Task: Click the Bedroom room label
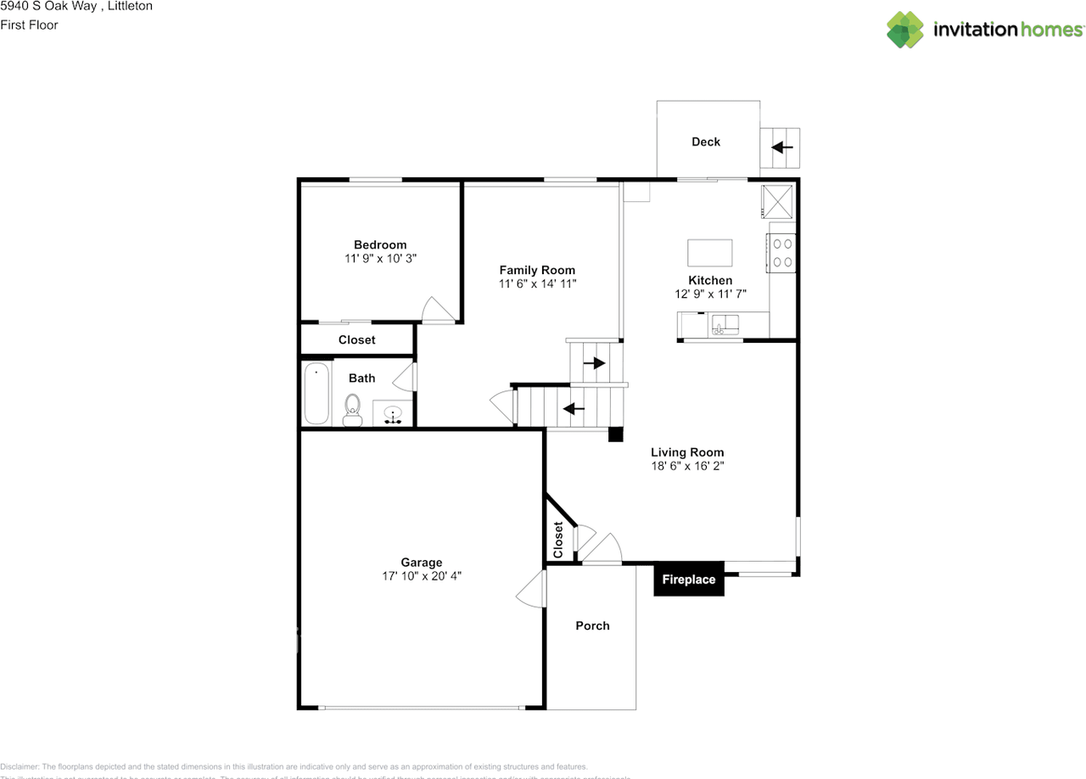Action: [x=380, y=244]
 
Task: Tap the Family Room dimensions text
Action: [x=538, y=284]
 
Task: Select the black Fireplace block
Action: [x=688, y=580]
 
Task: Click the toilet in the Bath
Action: [x=352, y=410]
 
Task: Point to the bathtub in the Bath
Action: [x=316, y=393]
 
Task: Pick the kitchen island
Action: [x=709, y=253]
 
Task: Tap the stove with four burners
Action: [x=782, y=253]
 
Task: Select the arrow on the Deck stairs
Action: [x=781, y=148]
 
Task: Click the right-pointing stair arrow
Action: [x=594, y=363]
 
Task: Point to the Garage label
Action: [x=422, y=562]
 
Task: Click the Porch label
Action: [x=592, y=625]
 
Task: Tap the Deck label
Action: [x=706, y=142]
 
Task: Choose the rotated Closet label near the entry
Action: [x=558, y=540]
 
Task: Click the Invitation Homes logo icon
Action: [x=905, y=30]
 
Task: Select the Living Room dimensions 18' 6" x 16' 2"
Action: [x=687, y=466]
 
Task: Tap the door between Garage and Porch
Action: [x=531, y=588]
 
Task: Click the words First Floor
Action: [x=29, y=25]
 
